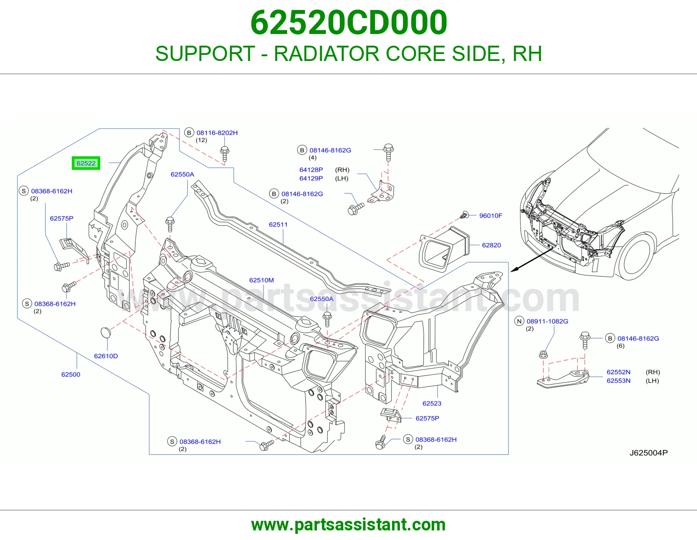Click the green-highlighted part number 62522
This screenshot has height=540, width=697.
86,163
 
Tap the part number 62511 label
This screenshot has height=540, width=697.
278,224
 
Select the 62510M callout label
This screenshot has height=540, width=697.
261,280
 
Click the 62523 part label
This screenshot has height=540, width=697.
432,403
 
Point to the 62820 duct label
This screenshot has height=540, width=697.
491,245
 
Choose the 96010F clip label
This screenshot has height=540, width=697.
491,216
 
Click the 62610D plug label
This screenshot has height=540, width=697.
106,356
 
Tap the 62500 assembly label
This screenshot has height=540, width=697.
71,374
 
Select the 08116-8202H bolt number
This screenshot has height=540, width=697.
217,133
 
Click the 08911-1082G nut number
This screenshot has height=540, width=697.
548,321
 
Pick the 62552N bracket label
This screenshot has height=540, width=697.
619,372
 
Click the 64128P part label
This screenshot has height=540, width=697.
311,170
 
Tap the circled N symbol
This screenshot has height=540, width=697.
519,321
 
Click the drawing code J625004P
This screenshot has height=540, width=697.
649,453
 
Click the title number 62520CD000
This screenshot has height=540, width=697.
348,23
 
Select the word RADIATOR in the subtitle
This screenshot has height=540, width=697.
327,54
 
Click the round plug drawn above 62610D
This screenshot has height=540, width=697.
105,332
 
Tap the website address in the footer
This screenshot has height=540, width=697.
348,525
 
